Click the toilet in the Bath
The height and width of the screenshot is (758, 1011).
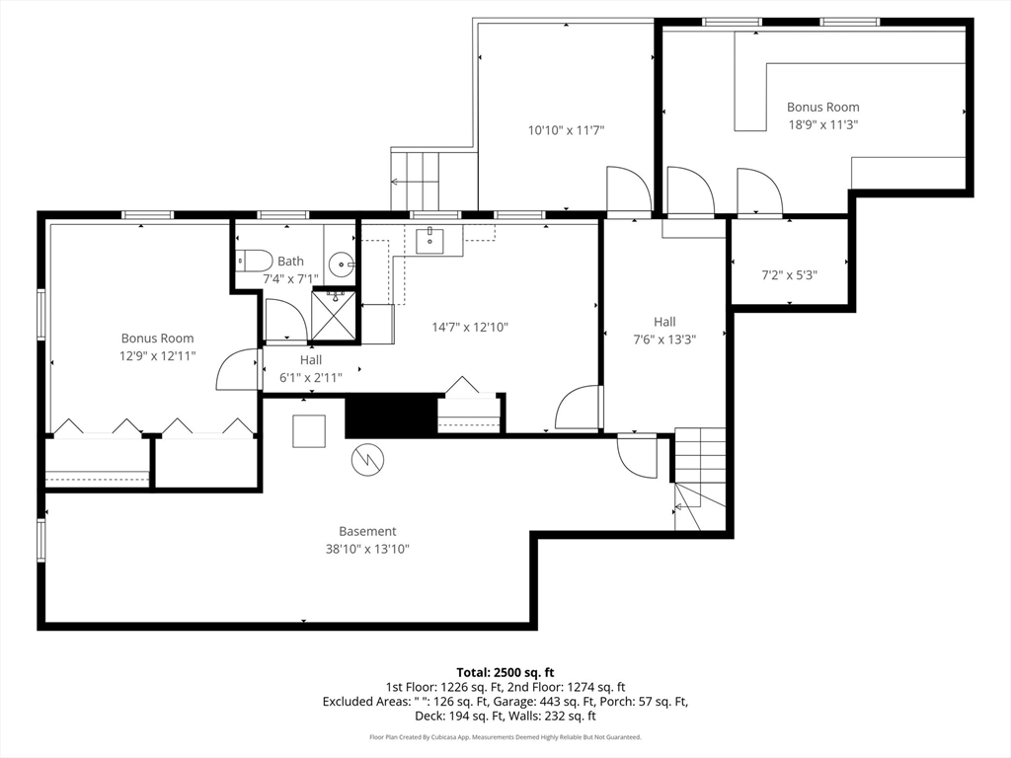click(x=256, y=261)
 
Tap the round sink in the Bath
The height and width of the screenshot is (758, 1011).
click(x=341, y=264)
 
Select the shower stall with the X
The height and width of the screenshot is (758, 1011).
click(x=334, y=316)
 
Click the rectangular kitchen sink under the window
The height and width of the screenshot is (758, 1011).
click(x=428, y=241)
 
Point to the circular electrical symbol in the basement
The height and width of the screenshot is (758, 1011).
click(x=367, y=460)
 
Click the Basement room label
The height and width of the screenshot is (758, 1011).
click(x=367, y=531)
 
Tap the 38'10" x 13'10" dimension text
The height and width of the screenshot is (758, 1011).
click(x=367, y=549)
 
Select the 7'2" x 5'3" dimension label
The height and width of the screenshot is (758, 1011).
click(x=789, y=275)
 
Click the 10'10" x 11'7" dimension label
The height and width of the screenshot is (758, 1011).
click(x=566, y=130)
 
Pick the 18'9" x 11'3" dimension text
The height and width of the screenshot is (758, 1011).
click(x=822, y=124)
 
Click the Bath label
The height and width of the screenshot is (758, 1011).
click(x=291, y=261)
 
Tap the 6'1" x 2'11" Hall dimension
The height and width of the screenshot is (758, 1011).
click(x=311, y=378)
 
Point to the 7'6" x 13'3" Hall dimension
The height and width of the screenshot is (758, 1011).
click(x=664, y=340)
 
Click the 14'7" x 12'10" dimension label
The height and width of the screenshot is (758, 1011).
click(x=470, y=327)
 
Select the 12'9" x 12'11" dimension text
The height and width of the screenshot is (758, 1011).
click(x=157, y=355)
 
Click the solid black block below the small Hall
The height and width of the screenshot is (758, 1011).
click(x=391, y=417)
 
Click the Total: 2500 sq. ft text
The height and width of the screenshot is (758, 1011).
click(x=505, y=673)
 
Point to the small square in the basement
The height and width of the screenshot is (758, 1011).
click(x=309, y=431)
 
